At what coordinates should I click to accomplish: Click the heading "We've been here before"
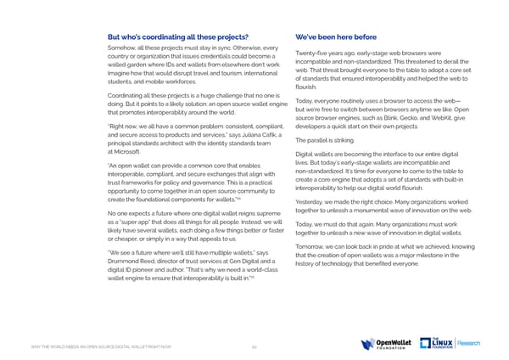(x=336, y=37)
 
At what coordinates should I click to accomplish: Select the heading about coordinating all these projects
(x=178, y=37)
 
